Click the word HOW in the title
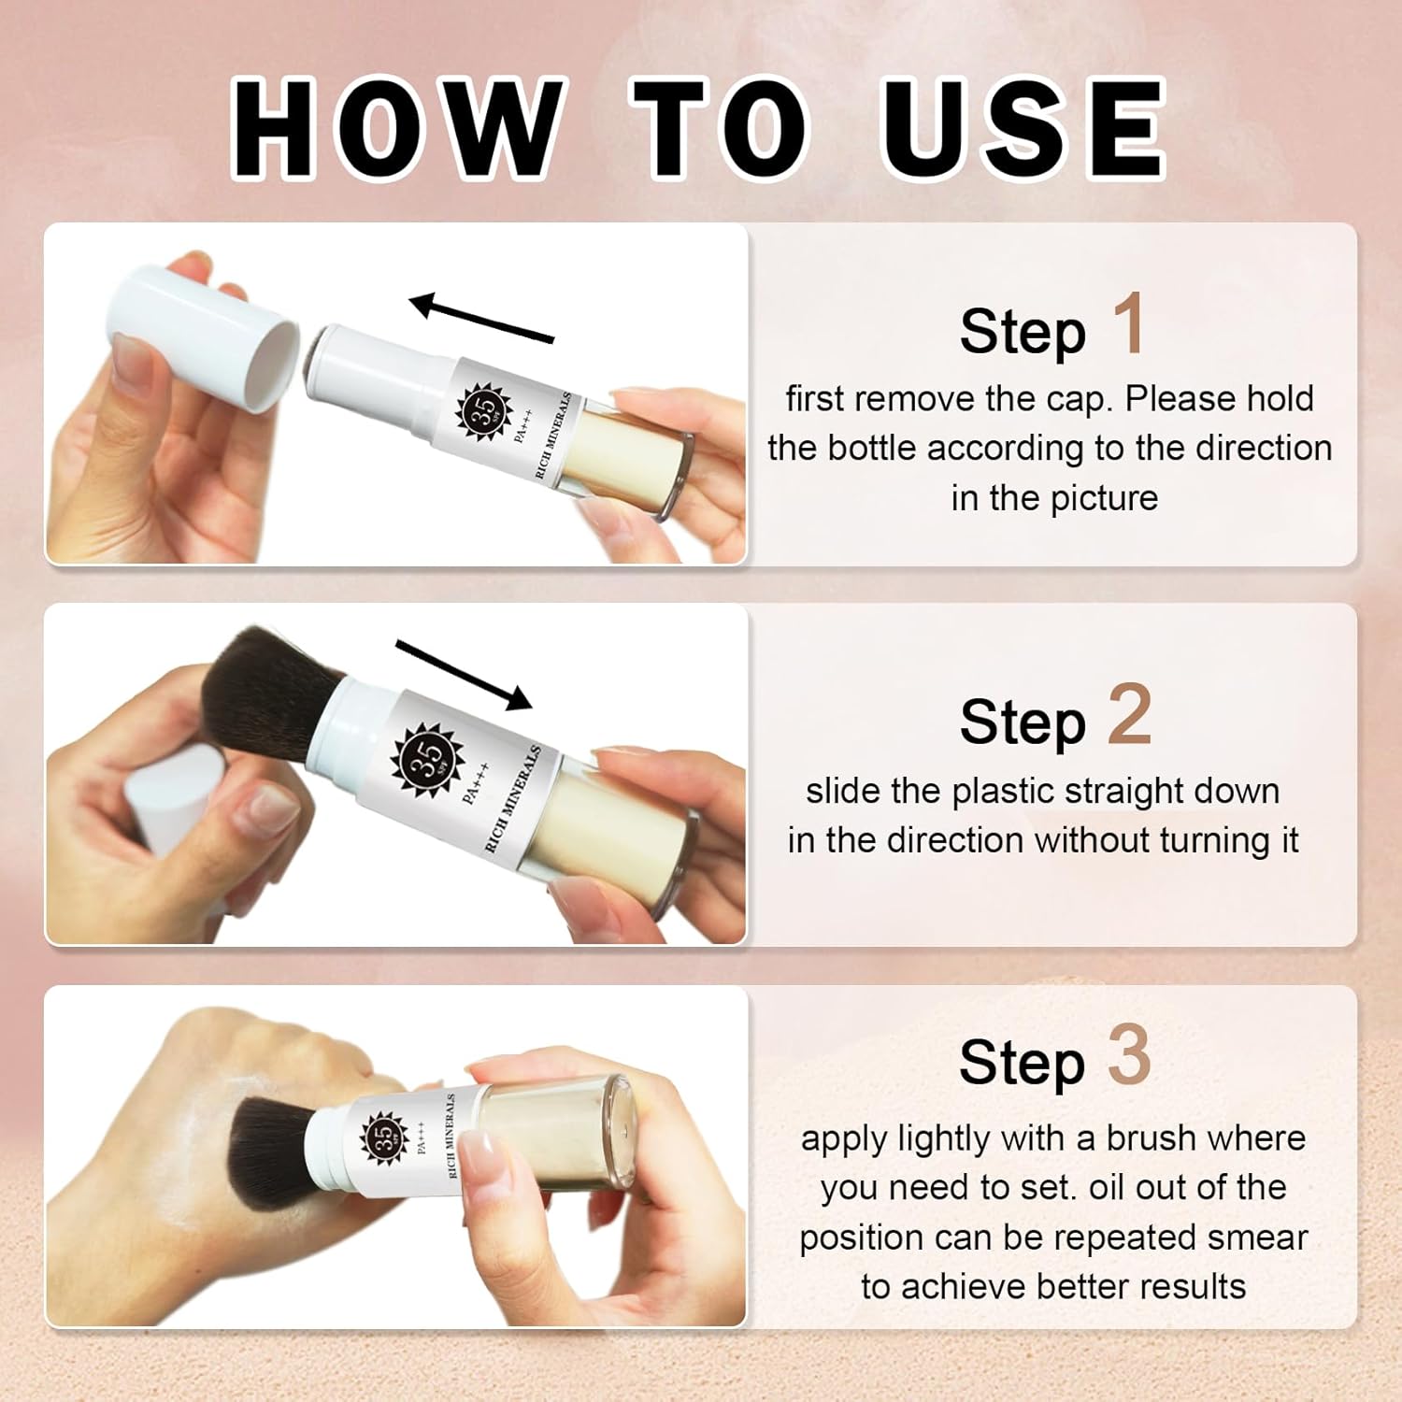399,129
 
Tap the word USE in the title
1023,129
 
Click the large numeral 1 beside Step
1130,322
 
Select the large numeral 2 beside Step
1129,714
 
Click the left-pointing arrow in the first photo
482,318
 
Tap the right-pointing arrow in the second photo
464,674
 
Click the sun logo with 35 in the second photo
427,758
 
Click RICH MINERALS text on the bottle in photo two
513,799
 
